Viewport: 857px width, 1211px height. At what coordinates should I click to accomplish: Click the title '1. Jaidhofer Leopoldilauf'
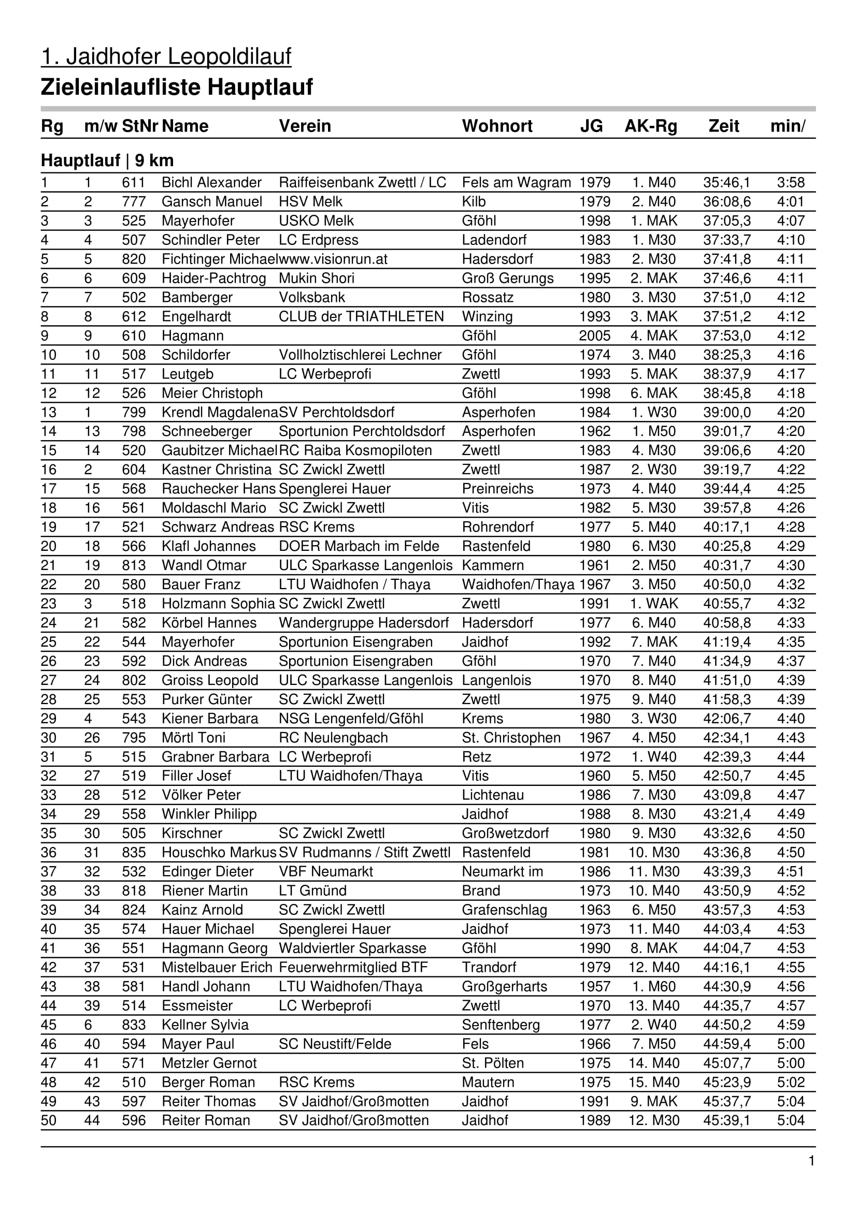(x=166, y=56)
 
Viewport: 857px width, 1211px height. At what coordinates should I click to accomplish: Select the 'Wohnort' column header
(x=496, y=126)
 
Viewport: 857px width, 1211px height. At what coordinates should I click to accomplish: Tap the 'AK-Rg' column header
(x=650, y=126)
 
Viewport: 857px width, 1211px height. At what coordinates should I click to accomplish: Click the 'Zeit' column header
(x=723, y=126)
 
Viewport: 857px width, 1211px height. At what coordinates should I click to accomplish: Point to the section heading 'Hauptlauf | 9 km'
(x=107, y=161)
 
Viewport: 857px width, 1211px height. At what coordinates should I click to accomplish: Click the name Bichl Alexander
(x=211, y=182)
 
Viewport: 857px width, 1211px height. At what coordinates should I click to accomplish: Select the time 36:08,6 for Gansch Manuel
(x=726, y=201)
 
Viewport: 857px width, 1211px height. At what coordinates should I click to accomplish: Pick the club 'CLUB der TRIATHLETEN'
(x=361, y=316)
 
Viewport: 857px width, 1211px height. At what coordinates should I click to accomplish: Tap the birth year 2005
(x=594, y=335)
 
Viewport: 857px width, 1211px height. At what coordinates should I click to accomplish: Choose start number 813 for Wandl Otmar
(x=134, y=565)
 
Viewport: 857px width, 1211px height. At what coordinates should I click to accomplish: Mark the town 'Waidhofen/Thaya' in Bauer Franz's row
(x=518, y=585)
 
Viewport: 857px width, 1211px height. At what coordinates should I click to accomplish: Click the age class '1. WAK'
(x=653, y=603)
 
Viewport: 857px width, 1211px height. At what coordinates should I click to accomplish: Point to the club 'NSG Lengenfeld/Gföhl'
(x=351, y=719)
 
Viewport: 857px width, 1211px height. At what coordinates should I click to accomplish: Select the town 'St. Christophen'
(x=511, y=737)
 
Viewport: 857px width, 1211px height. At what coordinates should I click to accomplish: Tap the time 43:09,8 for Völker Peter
(x=726, y=795)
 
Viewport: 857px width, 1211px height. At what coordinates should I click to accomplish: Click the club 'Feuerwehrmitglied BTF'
(x=353, y=967)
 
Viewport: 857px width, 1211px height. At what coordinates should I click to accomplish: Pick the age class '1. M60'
(x=653, y=986)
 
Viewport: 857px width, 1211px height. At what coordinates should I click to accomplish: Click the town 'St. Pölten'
(x=492, y=1063)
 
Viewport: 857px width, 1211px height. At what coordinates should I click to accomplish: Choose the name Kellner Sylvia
(x=205, y=1025)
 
